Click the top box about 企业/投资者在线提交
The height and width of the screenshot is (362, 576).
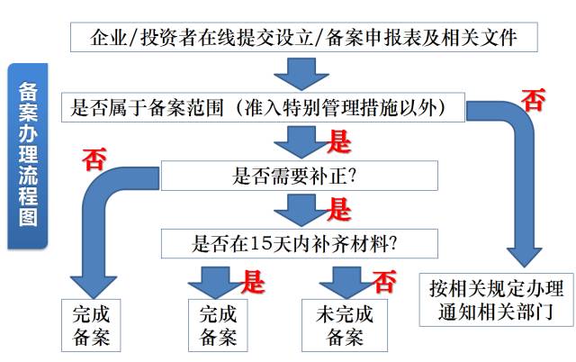(x=304, y=37)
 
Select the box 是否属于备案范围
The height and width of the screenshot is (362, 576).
(x=263, y=107)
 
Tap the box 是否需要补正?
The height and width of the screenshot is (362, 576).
(x=300, y=176)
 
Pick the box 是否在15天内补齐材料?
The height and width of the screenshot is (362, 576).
(x=300, y=243)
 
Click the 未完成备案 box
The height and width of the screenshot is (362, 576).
(x=345, y=325)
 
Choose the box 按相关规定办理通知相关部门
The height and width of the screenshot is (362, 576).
(x=496, y=300)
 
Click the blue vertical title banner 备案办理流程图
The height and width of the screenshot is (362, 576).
(x=28, y=156)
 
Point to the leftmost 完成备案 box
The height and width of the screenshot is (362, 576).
(x=91, y=325)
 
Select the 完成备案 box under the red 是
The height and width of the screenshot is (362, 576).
(x=218, y=325)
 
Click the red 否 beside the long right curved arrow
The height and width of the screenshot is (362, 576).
(x=534, y=100)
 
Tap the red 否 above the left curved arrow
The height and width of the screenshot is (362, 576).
(x=94, y=158)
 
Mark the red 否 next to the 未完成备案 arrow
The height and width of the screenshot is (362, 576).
(x=384, y=282)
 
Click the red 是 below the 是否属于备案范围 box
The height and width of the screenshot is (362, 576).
(x=338, y=141)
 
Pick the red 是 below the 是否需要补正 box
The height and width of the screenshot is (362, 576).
(x=338, y=209)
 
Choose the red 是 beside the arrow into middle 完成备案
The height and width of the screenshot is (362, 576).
(x=253, y=282)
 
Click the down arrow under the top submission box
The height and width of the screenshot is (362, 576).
(x=301, y=74)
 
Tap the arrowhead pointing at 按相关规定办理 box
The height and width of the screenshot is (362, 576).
(x=525, y=257)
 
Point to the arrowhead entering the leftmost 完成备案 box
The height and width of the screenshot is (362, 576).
(x=94, y=287)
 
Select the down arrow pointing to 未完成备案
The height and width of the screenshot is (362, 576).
(x=346, y=282)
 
